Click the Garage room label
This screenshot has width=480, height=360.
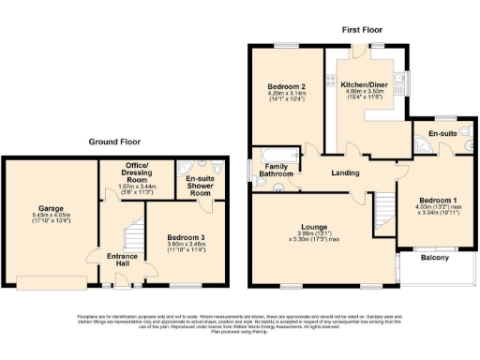(50, 208)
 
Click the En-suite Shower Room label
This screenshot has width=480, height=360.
(202, 183)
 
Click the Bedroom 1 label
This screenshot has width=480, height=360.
(437, 201)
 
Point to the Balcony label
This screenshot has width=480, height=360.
(434, 257)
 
